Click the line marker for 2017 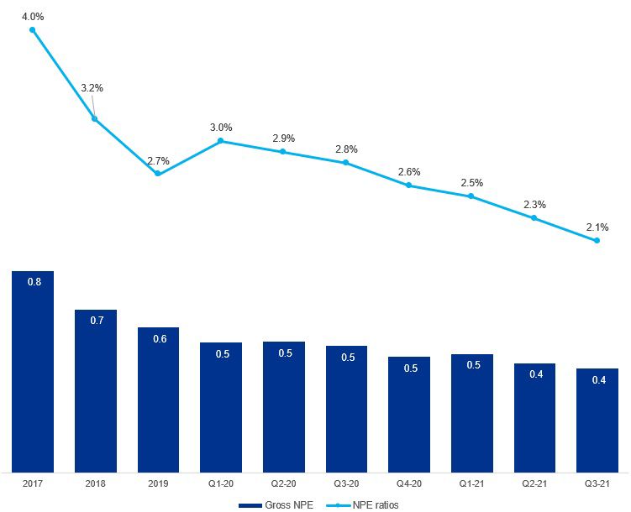click(33, 30)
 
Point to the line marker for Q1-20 click(221, 141)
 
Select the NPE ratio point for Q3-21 click(597, 241)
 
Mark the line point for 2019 click(158, 174)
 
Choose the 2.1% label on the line click(597, 226)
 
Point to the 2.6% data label click(408, 171)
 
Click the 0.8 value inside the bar click(34, 282)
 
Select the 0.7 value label click(96, 321)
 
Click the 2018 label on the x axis click(96, 484)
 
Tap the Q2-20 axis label click(284, 484)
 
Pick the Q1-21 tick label click(472, 484)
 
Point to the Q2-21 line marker click(534, 218)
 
